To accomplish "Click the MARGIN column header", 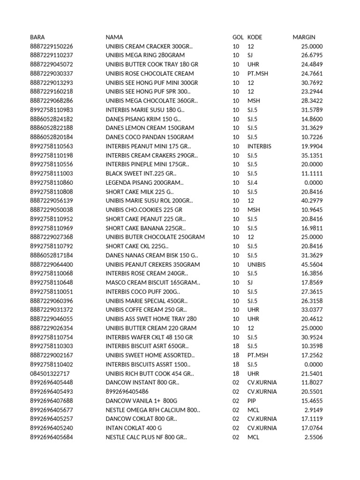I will click(x=304, y=37).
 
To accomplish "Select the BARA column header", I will click(x=37, y=37).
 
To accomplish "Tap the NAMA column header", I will click(x=114, y=37).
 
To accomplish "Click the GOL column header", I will click(x=238, y=37).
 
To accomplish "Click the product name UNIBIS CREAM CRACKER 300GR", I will click(x=149, y=46).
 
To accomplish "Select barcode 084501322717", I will click(x=50, y=374).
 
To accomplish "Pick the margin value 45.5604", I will click(x=312, y=264).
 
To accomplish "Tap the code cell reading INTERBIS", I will click(x=259, y=146).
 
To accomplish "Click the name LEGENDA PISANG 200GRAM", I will click(x=144, y=183).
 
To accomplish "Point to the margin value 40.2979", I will click(x=312, y=201).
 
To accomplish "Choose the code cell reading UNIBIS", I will click(x=256, y=264).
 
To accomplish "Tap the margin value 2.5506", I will click(x=314, y=437).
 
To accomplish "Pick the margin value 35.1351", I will click(x=312, y=156).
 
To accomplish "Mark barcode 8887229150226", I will click(x=52, y=46).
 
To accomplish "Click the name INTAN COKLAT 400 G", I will click(x=134, y=428).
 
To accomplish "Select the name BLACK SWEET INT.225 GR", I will click(x=141, y=173).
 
